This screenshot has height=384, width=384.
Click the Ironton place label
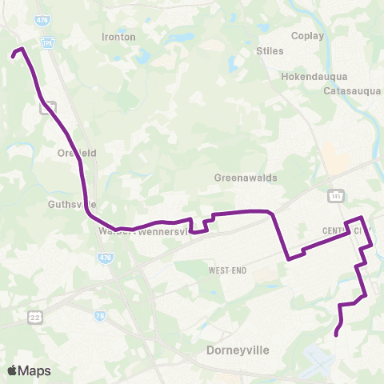coord(119,37)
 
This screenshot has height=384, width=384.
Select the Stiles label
coord(270,50)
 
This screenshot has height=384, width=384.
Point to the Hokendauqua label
coord(314,77)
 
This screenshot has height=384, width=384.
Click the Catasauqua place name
coord(353,91)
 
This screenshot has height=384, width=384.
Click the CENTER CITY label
coord(346,230)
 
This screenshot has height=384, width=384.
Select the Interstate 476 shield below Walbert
coord(106,258)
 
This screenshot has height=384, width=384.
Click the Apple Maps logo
coord(29,370)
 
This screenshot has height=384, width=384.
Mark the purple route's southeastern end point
coord(335,334)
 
